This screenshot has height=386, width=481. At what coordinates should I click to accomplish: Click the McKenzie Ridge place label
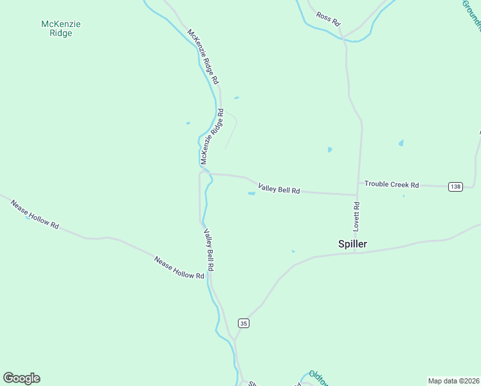(61, 28)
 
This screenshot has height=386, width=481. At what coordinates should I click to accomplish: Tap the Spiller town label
(352, 244)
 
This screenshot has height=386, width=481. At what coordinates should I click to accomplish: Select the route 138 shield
(455, 187)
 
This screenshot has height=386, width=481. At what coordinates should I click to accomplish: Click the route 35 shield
(243, 322)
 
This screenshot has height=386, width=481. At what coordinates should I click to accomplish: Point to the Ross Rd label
(327, 18)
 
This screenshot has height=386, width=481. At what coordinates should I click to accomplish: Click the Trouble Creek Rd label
(392, 185)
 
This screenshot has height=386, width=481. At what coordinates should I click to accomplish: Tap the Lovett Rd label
(356, 217)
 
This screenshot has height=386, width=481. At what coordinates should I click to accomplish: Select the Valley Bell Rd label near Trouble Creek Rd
(279, 189)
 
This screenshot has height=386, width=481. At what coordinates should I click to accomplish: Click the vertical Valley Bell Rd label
(209, 249)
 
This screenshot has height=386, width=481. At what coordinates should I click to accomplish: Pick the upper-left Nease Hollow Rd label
(35, 214)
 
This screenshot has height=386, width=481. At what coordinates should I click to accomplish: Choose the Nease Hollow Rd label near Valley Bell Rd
(179, 267)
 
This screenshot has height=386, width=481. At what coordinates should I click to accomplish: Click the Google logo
(21, 378)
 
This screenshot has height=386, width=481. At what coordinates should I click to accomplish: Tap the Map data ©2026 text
(453, 381)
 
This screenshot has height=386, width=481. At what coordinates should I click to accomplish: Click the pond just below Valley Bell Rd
(251, 193)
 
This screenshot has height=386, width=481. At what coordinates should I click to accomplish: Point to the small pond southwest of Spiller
(293, 251)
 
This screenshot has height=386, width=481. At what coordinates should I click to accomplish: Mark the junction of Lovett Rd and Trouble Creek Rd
(358, 194)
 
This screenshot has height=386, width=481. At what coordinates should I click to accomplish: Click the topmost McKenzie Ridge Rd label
(203, 57)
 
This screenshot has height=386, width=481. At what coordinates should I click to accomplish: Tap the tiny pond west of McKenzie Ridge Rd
(188, 123)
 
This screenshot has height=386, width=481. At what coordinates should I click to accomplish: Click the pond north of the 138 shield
(401, 143)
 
